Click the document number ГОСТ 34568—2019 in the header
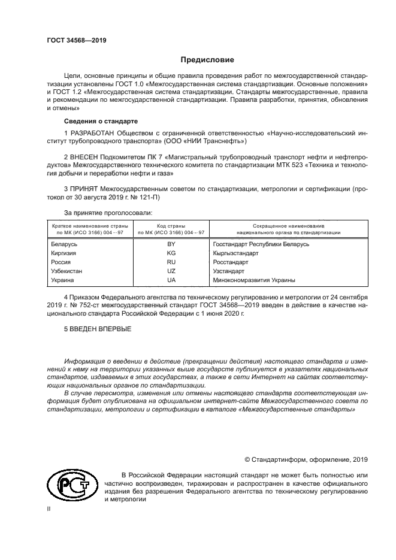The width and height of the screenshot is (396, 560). click(x=76, y=41)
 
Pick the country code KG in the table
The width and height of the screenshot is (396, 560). click(x=171, y=253)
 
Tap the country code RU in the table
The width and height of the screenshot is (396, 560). click(x=171, y=262)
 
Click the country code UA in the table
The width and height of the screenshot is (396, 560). click(x=171, y=280)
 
